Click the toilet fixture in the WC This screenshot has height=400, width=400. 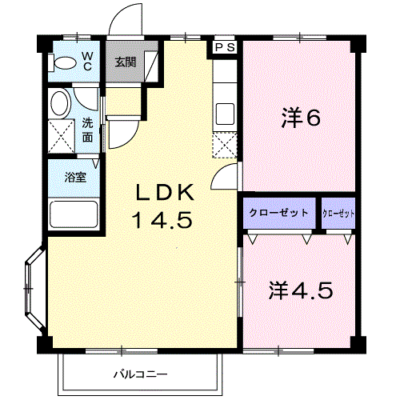(x=62, y=63)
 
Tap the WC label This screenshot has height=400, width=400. (x=87, y=61)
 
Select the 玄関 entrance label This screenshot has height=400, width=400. (x=126, y=62)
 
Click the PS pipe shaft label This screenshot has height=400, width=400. (x=225, y=47)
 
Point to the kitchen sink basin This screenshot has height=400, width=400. (x=225, y=114)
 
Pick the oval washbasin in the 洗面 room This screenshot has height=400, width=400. (x=60, y=103)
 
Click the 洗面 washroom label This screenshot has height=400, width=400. (x=87, y=130)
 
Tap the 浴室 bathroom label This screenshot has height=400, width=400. (x=75, y=177)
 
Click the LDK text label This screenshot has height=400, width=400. (x=165, y=193)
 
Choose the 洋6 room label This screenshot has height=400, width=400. (x=301, y=118)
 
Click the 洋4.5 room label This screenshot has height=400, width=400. (x=301, y=290)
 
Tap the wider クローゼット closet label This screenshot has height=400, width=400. (x=278, y=213)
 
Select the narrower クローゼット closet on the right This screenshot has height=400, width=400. (x=338, y=214)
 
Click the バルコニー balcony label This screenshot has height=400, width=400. (x=141, y=374)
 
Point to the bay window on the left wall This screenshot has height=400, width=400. (x=34, y=289)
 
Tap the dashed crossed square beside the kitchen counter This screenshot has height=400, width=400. (x=225, y=146)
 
